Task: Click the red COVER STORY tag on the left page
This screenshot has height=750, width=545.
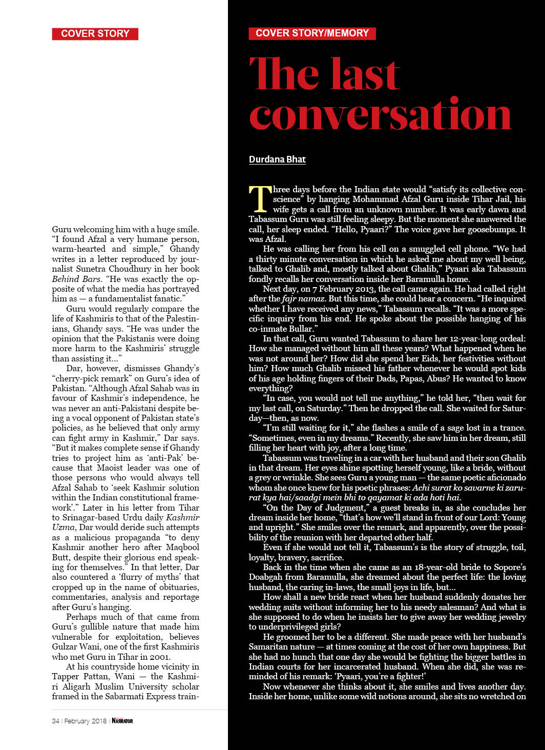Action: point(95,34)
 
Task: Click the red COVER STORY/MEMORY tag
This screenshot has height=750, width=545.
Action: point(312,33)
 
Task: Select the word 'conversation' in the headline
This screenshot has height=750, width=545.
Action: point(380,115)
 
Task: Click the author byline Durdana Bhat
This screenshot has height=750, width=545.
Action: point(277,159)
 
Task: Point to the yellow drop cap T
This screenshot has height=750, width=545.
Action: point(260,199)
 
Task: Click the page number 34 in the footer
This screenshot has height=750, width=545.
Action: point(55,721)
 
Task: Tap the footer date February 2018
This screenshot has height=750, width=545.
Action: point(86,721)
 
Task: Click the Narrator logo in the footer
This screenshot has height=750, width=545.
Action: point(122,721)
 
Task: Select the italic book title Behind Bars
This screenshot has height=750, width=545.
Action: point(73,279)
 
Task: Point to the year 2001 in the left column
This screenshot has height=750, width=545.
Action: point(159,657)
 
